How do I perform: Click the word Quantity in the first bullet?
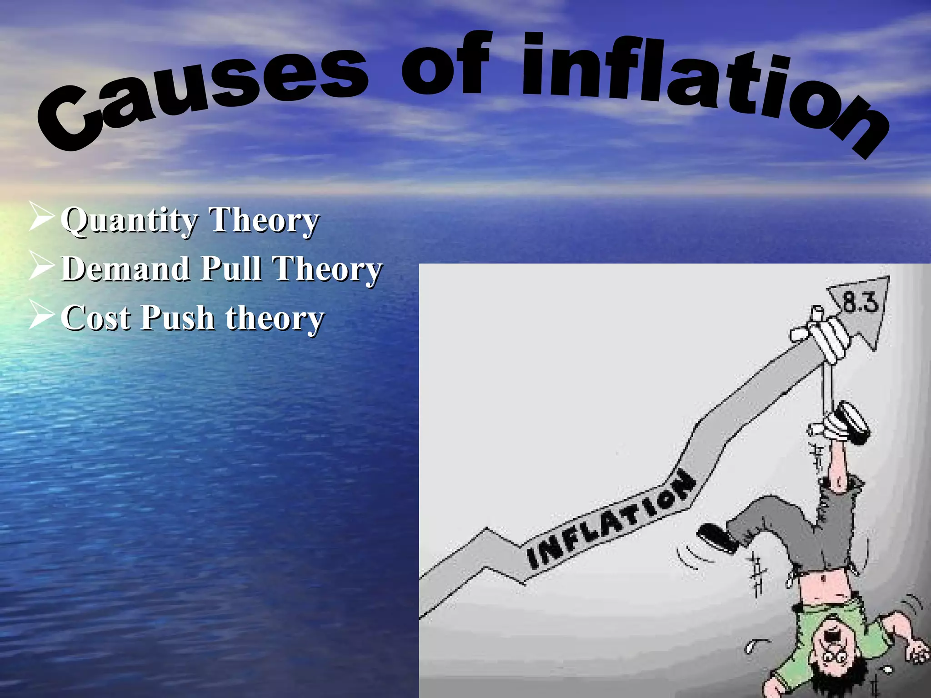coord(129,221)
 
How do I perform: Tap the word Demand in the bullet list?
coord(125,269)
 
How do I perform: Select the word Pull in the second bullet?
coord(231,269)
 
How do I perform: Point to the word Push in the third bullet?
coord(177,318)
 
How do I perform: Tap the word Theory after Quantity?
coord(264,221)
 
